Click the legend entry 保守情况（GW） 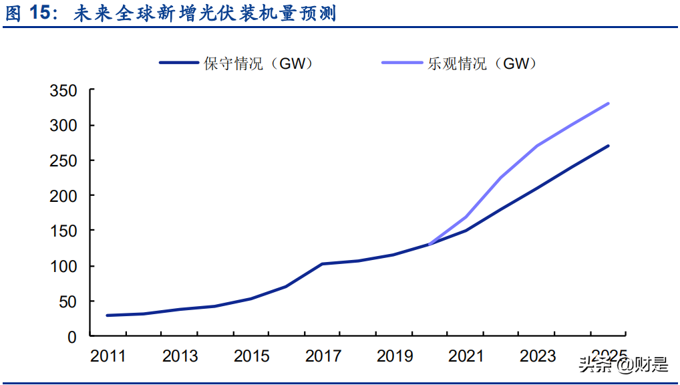point(236,63)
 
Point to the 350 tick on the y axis point(63,91)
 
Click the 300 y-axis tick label point(63,126)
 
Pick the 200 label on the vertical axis point(63,196)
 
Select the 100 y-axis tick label point(63,267)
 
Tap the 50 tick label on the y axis point(68,301)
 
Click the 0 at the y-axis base point(73,337)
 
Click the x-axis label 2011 point(108,356)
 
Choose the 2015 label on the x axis point(251,356)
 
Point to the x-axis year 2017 point(323,356)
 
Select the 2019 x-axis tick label point(395,356)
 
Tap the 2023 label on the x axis point(538,356)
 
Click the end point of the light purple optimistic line point(608,104)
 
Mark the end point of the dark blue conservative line point(608,146)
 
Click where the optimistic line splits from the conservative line point(429,245)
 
